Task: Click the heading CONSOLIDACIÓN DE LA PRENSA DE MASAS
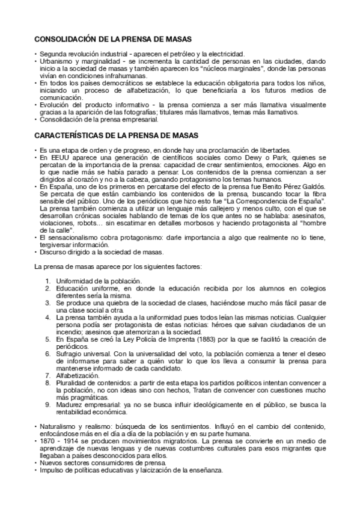pos(112,39)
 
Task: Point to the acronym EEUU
pos(53,158)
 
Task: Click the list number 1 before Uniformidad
pos(47,281)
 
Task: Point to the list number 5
pos(47,339)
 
